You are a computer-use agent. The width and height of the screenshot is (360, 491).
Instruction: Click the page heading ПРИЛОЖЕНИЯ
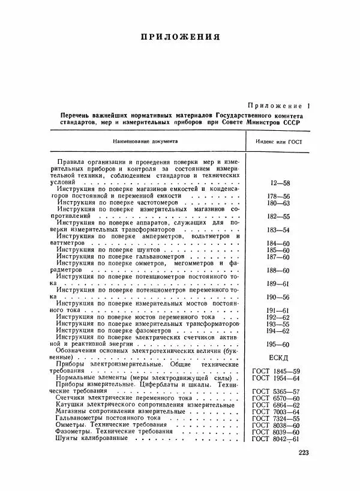(180, 37)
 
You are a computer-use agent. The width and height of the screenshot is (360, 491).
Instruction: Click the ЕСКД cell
(278, 357)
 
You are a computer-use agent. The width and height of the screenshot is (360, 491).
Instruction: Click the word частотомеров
(157, 203)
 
